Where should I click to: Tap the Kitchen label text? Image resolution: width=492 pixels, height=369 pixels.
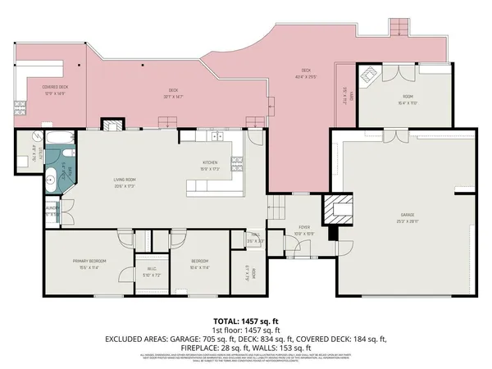click(x=210, y=163)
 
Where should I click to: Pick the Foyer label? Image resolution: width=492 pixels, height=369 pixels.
click(x=304, y=231)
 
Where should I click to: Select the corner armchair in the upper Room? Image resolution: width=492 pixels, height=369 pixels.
click(x=371, y=78)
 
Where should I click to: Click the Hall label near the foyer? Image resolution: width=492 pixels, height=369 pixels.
click(x=257, y=239)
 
